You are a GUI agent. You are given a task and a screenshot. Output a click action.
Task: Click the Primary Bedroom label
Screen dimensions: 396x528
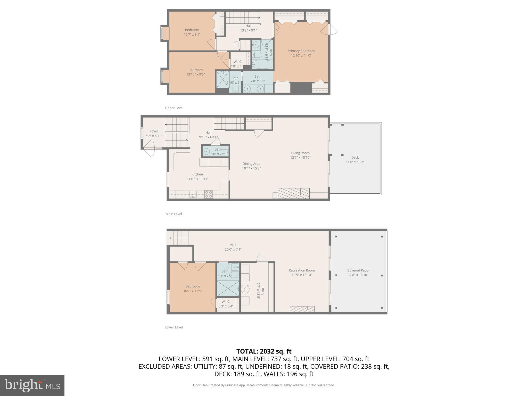301,51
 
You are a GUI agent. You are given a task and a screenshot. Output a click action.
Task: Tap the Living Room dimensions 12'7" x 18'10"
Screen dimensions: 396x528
300,158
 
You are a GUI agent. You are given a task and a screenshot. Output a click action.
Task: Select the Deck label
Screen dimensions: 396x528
355,158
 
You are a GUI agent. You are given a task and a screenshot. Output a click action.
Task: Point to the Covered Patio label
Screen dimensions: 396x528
358,270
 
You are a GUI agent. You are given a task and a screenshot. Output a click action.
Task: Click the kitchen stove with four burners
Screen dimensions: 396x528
208,194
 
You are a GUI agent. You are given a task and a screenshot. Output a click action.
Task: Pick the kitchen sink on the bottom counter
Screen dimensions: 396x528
193,194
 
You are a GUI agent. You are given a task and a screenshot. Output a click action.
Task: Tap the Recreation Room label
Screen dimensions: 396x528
302,270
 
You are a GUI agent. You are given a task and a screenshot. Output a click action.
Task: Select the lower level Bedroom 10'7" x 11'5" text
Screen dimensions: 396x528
193,288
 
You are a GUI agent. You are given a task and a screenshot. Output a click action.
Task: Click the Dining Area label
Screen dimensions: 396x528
251,164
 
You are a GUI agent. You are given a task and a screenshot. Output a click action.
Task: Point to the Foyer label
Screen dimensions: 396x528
154,131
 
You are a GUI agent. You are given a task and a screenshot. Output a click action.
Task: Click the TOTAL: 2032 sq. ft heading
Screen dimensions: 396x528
264,351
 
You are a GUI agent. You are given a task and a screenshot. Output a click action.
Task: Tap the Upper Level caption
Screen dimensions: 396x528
174,108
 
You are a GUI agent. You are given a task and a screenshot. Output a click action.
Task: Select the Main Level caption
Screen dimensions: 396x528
174,214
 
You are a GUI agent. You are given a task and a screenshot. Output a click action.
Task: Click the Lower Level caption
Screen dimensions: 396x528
174,327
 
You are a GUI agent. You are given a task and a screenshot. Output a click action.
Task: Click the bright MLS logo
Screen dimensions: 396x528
32,385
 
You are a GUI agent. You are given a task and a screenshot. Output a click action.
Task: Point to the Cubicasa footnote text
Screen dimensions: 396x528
264,385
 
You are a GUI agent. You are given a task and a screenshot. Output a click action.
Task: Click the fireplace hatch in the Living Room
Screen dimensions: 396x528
294,193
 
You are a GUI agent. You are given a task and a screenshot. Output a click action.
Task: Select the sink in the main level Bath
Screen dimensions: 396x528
206,152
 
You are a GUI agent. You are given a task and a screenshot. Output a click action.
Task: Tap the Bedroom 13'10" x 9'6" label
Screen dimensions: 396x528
195,72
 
